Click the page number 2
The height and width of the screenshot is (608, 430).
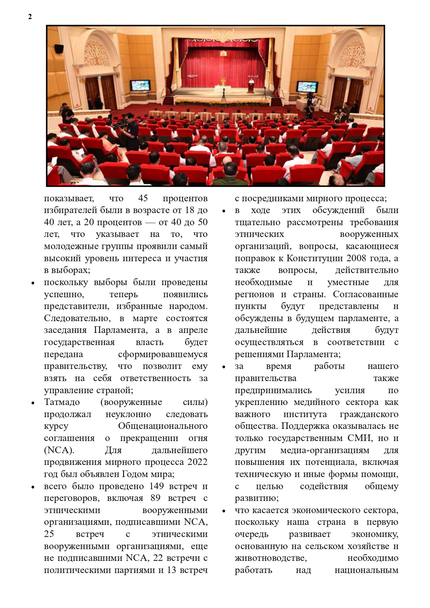30,17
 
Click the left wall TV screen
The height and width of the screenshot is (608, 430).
140,85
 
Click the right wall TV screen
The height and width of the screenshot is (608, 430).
307,86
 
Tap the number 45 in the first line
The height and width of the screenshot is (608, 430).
143,198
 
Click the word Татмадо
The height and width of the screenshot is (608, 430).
62,402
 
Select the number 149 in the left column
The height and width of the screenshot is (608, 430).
157,486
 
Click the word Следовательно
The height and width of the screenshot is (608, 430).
77,318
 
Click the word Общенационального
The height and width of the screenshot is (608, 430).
163,426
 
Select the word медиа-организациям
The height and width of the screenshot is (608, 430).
325,450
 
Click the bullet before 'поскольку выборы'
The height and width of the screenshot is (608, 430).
33,283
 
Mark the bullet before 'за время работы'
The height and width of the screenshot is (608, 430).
224,367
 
